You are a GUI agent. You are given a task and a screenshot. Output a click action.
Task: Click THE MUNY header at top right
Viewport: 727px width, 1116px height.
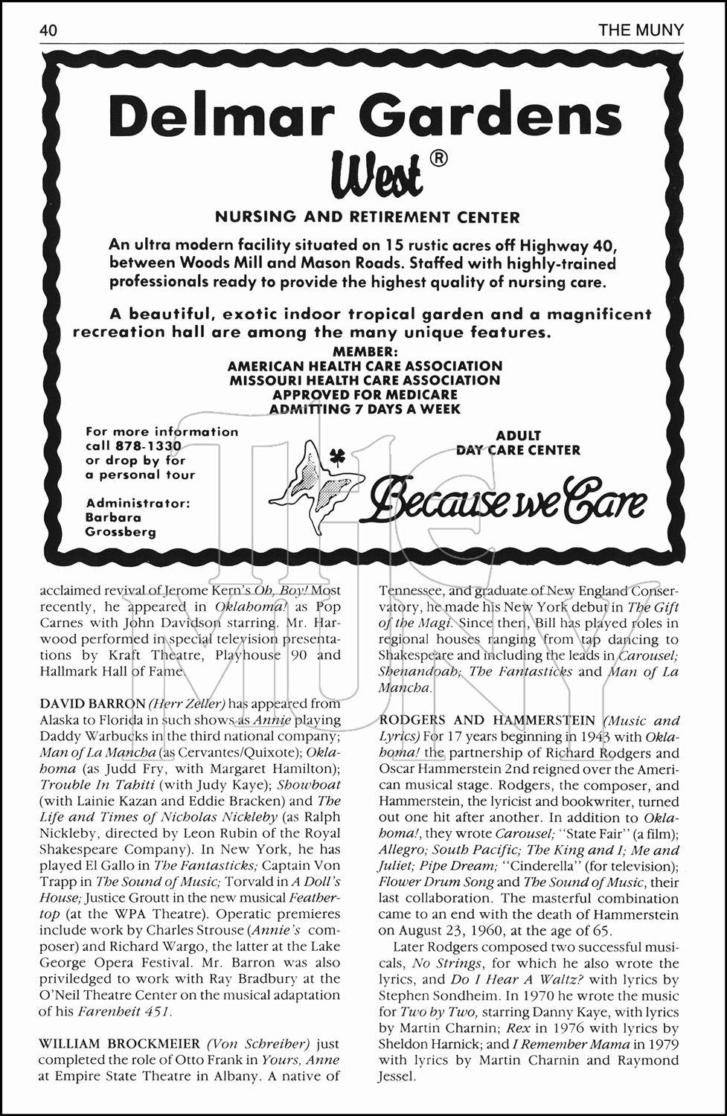(641, 31)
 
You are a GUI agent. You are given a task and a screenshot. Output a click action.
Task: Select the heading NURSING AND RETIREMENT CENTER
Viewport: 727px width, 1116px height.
(367, 217)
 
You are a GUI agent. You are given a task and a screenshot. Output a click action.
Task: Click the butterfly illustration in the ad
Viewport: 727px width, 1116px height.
(316, 484)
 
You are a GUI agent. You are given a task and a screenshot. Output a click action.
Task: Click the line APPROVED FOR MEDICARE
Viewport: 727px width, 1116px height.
(365, 394)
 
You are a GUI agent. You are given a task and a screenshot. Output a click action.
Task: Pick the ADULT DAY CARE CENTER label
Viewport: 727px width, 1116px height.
(518, 443)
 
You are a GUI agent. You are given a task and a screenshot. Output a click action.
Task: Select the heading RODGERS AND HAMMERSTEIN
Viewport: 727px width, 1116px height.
(487, 720)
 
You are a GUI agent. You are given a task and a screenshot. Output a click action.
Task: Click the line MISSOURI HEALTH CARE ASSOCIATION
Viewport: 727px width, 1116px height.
(365, 380)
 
